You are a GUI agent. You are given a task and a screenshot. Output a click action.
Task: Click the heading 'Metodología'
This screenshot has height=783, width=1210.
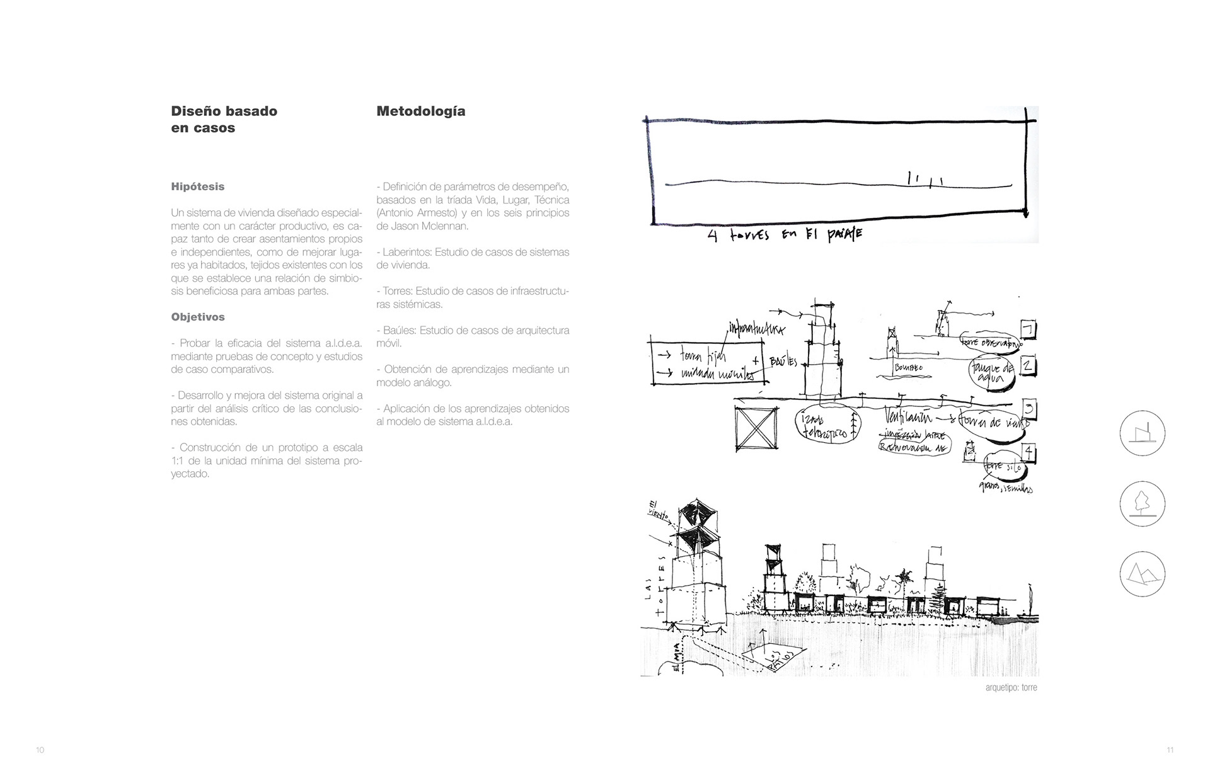tap(420, 111)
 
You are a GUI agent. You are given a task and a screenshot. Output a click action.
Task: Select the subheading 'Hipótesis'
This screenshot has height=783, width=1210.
tap(197, 186)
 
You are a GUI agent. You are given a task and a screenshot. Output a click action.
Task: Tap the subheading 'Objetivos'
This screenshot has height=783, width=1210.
tap(197, 317)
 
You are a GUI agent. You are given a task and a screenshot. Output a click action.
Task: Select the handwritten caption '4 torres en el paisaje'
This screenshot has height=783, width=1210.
tap(785, 235)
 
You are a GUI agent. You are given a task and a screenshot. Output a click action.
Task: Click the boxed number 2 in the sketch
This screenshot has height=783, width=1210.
tap(1027, 365)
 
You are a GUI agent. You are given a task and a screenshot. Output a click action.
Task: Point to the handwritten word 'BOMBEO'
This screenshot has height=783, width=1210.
tap(907, 367)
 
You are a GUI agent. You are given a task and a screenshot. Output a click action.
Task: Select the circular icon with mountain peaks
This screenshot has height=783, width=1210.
tap(1142, 574)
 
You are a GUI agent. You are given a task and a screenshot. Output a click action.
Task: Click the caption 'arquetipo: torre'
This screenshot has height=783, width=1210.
tap(1011, 687)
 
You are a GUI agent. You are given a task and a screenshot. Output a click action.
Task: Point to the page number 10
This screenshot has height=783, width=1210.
tap(40, 750)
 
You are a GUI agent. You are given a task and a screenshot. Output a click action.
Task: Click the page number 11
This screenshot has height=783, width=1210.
tap(1170, 750)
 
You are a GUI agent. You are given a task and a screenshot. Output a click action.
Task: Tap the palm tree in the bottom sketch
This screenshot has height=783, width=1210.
tap(906, 578)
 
